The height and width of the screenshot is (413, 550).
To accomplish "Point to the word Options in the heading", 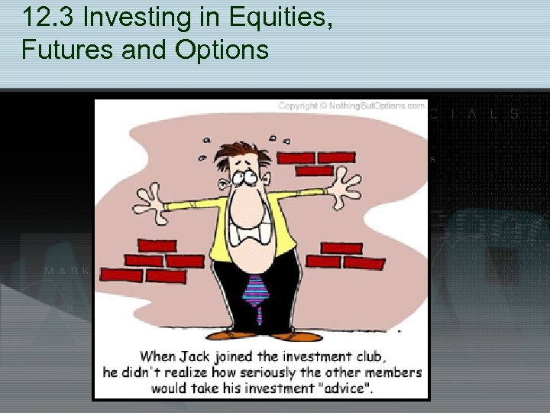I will pos(222,50).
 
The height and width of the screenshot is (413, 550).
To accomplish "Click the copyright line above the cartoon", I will pos(351,106).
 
